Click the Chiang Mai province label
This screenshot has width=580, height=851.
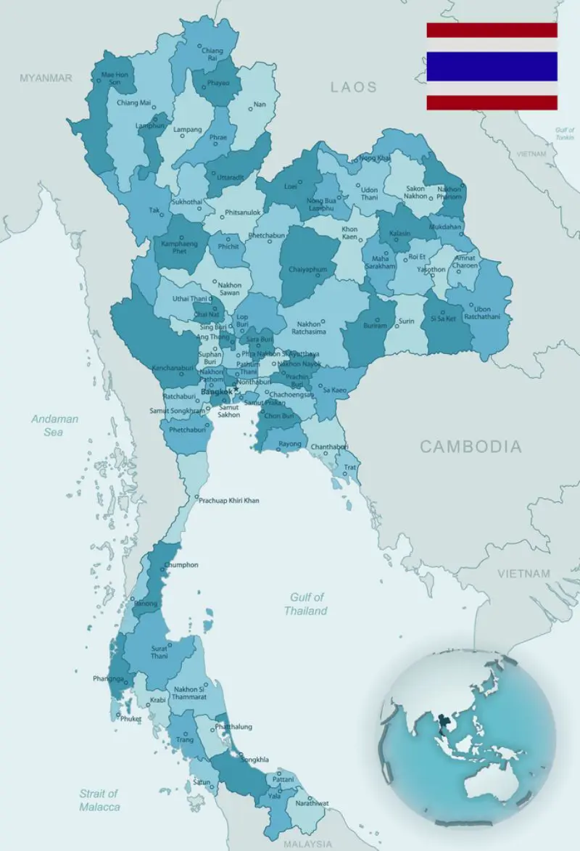click(x=133, y=103)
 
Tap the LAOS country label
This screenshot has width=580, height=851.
click(x=354, y=87)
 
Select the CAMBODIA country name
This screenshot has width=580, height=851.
click(x=471, y=446)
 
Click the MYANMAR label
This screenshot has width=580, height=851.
click(x=46, y=78)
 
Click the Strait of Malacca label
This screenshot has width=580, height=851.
click(x=99, y=800)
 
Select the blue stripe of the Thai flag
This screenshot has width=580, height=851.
click(x=492, y=66)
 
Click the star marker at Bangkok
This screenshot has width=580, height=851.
click(x=236, y=390)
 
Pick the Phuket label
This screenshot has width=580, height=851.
click(x=131, y=719)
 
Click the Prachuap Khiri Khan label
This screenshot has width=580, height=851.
click(x=228, y=501)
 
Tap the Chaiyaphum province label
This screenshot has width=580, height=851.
click(x=307, y=269)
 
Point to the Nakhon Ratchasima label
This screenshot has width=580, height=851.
click(x=310, y=327)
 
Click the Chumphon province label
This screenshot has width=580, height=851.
click(x=181, y=564)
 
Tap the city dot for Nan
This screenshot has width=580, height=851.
click(x=251, y=109)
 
